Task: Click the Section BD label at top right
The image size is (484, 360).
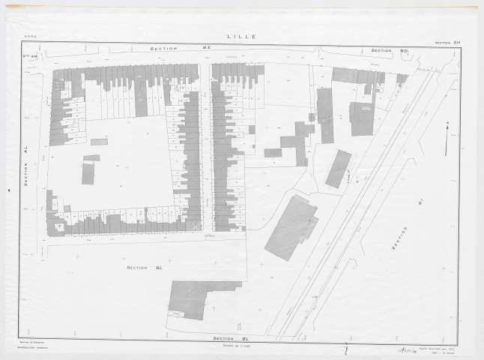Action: point(387,51)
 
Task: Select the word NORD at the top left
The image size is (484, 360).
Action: point(30,36)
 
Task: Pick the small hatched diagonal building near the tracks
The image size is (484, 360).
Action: point(338,169)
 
